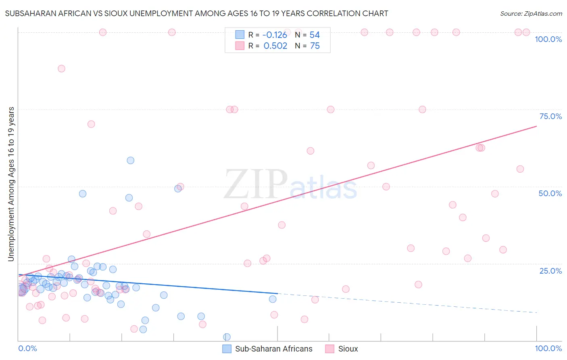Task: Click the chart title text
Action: (x=196, y=13)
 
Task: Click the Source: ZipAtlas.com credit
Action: (x=531, y=13)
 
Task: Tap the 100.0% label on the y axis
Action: (x=548, y=39)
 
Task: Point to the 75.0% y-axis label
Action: (x=550, y=116)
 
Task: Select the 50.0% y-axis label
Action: (x=550, y=193)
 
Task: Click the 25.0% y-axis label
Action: (x=550, y=271)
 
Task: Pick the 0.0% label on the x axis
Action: (x=27, y=348)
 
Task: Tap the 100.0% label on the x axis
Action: (x=548, y=348)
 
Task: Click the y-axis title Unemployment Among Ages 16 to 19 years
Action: (x=11, y=184)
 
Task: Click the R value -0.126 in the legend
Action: (x=275, y=35)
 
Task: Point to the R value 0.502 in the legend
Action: (x=275, y=46)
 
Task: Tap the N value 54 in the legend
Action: (x=315, y=35)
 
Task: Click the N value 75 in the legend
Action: (x=315, y=46)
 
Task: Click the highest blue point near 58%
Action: (x=130, y=160)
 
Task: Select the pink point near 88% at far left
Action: (x=61, y=69)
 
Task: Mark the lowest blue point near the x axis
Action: (x=227, y=337)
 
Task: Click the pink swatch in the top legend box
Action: (x=240, y=46)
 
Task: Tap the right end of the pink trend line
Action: (x=536, y=126)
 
